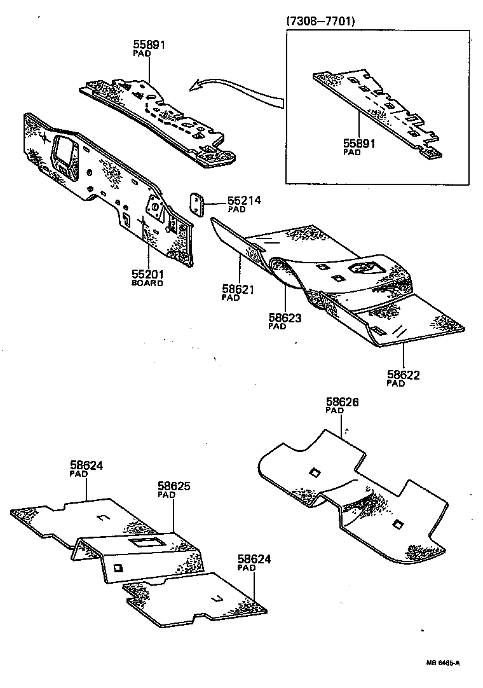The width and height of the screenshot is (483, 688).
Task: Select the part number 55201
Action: point(147,274)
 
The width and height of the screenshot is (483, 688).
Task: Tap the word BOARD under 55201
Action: point(147,283)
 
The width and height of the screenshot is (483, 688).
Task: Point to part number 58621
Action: point(238,289)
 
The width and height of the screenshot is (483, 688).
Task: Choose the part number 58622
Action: point(403,375)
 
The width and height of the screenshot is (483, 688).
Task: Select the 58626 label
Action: point(343,402)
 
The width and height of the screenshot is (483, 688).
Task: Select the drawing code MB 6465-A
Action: point(442,663)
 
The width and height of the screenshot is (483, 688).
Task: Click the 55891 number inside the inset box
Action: point(360,144)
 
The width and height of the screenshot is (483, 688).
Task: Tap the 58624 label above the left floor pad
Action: point(85,465)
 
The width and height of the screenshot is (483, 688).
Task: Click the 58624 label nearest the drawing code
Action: point(254,560)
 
